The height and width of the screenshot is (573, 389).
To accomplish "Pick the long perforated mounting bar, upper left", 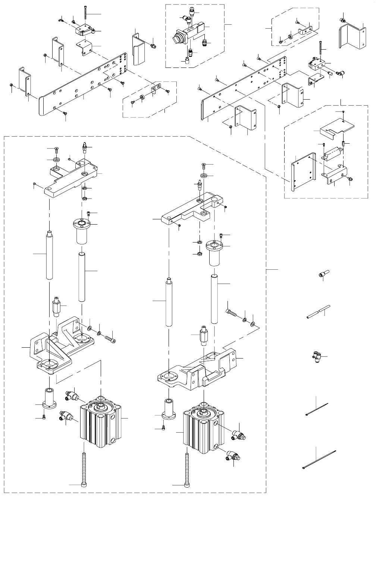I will pyautogui.click(x=84, y=88).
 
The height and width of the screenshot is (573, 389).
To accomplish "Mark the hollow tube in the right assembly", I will pyautogui.click(x=214, y=298).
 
